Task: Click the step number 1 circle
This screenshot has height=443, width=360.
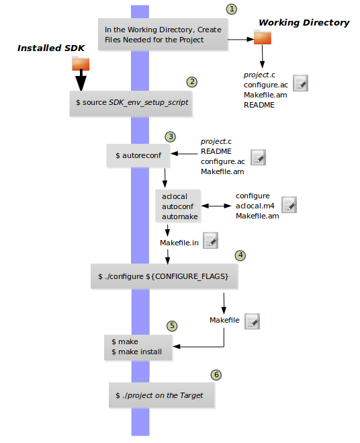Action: (x=232, y=9)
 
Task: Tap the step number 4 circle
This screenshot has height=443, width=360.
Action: (x=240, y=256)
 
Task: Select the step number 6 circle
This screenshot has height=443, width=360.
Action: (x=216, y=374)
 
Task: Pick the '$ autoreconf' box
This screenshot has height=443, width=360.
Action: (x=138, y=155)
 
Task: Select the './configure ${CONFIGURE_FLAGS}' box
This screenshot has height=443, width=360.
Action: (x=164, y=276)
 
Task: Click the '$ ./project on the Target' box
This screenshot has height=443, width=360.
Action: (x=161, y=395)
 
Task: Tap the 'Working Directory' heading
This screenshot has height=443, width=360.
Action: (x=304, y=23)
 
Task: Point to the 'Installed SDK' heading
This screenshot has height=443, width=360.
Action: (x=45, y=48)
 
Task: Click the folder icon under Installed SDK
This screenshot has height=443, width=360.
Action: (x=81, y=64)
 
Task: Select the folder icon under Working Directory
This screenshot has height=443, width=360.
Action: (x=263, y=38)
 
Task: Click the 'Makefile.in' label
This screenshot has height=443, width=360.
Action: (x=179, y=242)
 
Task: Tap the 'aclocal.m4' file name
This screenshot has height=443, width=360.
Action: (x=256, y=205)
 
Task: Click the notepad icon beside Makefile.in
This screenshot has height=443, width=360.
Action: (x=210, y=240)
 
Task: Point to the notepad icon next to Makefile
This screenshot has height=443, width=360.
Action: (x=252, y=321)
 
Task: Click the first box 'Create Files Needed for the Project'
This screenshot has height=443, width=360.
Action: (x=163, y=35)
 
